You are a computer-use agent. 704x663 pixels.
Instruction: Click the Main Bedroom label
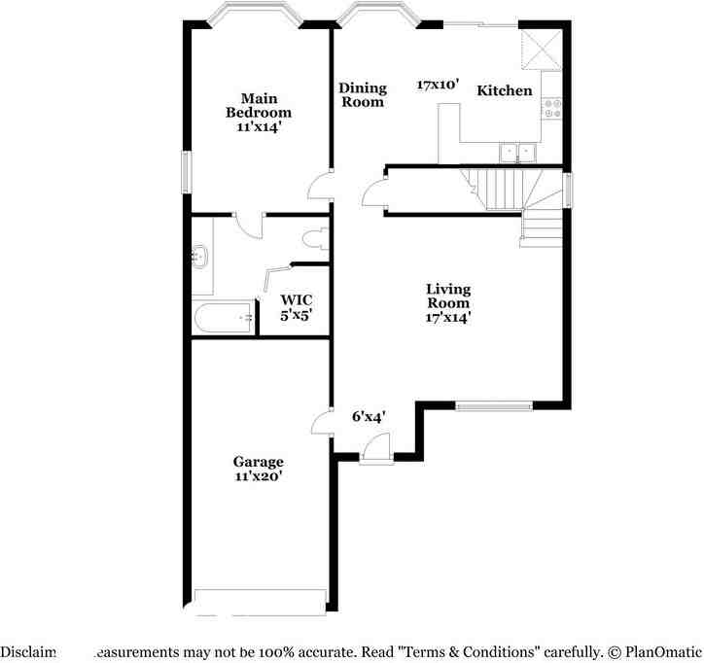(x=259, y=99)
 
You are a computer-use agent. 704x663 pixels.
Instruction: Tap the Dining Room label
(x=362, y=94)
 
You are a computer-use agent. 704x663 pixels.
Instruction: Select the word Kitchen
(x=504, y=90)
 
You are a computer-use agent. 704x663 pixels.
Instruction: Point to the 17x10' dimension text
(x=437, y=85)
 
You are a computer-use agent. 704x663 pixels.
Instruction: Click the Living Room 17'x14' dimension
(x=447, y=317)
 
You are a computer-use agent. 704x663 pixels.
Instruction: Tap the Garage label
(x=258, y=462)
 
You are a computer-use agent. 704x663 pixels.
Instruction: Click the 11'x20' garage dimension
(x=258, y=476)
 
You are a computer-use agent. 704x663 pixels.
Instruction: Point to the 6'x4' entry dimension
(x=369, y=416)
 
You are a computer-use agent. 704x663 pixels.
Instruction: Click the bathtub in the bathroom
(x=225, y=319)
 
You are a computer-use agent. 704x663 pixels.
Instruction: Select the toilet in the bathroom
(x=313, y=239)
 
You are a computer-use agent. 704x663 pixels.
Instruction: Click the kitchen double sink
(x=516, y=152)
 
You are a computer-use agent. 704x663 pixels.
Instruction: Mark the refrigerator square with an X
(x=541, y=47)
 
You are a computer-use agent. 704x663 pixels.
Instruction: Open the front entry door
(x=372, y=448)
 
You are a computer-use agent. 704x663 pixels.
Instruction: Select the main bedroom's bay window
(x=257, y=17)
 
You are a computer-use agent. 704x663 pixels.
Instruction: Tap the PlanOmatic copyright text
(x=654, y=651)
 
